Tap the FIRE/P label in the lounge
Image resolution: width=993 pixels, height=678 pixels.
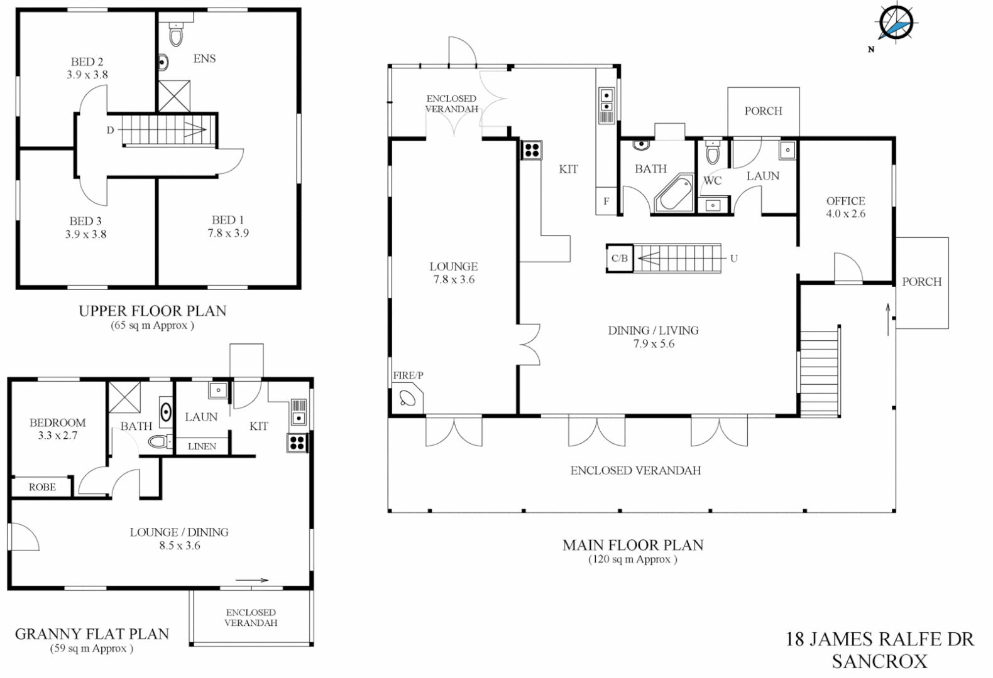pyautogui.click(x=408, y=375)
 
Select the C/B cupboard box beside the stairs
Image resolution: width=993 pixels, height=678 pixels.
pyautogui.click(x=619, y=258)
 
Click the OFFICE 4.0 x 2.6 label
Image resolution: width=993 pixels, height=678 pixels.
pyautogui.click(x=845, y=207)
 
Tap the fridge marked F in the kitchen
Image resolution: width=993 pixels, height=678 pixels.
pyautogui.click(x=606, y=202)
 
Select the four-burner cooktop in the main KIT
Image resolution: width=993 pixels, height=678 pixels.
pyautogui.click(x=531, y=150)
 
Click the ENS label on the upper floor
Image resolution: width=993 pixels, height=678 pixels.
pyautogui.click(x=204, y=58)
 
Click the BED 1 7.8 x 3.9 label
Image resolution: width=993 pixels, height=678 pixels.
pyautogui.click(x=228, y=226)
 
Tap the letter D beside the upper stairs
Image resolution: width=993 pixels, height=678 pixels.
pyautogui.click(x=110, y=130)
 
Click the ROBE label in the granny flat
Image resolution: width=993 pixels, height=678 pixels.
pyautogui.click(x=42, y=487)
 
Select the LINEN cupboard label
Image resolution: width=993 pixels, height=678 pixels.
pyautogui.click(x=202, y=446)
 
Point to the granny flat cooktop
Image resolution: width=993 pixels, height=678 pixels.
pyautogui.click(x=297, y=442)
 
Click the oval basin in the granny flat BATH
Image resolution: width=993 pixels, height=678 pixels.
pyautogui.click(x=166, y=412)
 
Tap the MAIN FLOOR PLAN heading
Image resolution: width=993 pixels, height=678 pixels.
pyautogui.click(x=633, y=545)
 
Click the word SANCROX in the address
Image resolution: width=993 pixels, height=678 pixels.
pyautogui.click(x=880, y=661)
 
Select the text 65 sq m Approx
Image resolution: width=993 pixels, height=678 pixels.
pyautogui.click(x=153, y=325)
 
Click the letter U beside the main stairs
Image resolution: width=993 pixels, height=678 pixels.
pyautogui.click(x=733, y=258)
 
